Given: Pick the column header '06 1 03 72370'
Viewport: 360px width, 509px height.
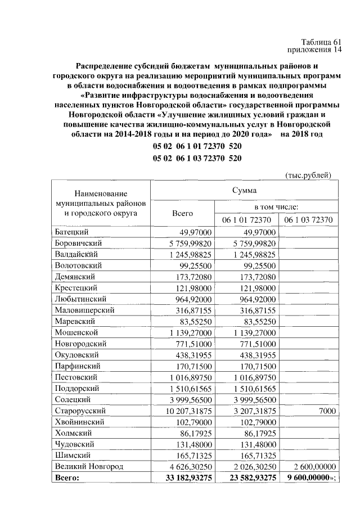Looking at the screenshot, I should point(308,219).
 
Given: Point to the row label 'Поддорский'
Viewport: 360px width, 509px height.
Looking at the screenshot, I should point(78,388).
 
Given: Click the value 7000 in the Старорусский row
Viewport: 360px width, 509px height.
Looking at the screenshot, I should point(325,411).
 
